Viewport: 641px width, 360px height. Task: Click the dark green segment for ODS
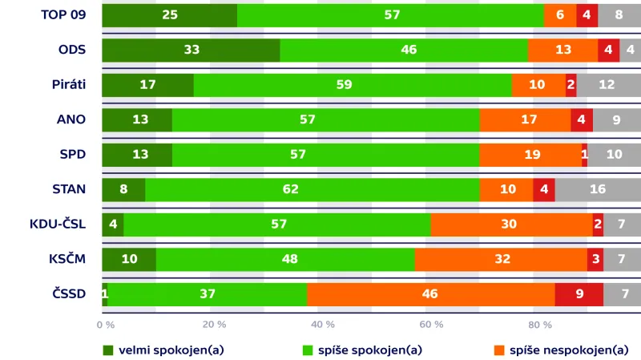tap(191, 50)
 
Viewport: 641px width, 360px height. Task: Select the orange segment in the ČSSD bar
tap(430, 294)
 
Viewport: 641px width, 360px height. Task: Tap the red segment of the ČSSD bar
tap(579, 294)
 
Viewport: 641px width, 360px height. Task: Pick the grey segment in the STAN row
tap(598, 190)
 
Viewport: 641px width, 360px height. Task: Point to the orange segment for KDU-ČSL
tap(511, 224)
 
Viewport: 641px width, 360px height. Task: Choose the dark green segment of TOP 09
tap(169, 15)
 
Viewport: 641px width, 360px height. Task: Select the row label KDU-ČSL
tap(57, 224)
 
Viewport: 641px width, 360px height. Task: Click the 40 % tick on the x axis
tap(322, 325)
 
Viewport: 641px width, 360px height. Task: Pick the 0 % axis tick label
tap(105, 325)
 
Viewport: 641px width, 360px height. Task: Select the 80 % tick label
tap(540, 325)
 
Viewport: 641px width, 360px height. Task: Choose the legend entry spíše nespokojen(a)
tap(569, 350)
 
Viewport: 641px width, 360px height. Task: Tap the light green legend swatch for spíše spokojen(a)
tap(308, 350)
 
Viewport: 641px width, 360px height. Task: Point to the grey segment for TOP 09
tap(619, 15)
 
